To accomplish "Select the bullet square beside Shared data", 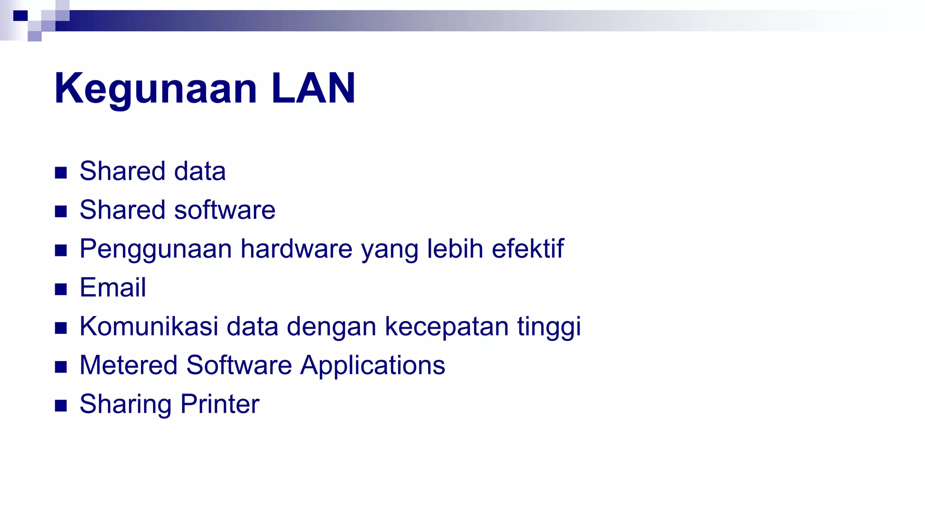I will tap(61, 172).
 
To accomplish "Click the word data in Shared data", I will tap(200, 171).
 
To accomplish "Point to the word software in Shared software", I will tap(224, 210).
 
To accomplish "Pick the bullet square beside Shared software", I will tap(61, 211).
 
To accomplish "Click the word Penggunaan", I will tap(156, 249).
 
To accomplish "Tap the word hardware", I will tap(296, 249).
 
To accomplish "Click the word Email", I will tap(113, 288).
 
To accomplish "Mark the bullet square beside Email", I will tap(61, 289).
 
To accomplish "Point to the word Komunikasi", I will tap(149, 326).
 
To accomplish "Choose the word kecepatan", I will tap(447, 327).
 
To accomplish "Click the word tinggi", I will tap(549, 327).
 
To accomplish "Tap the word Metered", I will tap(129, 365).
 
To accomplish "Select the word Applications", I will tap(373, 366).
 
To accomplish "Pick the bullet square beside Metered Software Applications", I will tap(61, 367).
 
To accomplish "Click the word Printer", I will tap(220, 404).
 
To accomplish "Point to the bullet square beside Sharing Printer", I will tap(61, 405).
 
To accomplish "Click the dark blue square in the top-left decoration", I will tap(20, 16).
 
